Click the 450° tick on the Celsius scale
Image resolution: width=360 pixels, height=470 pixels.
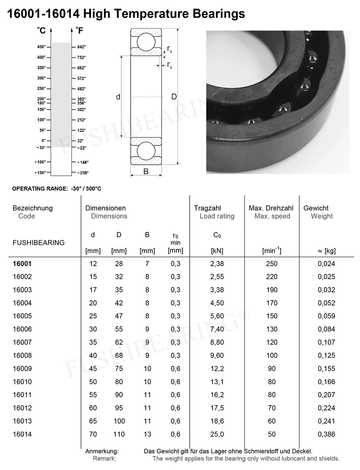coord(49,47)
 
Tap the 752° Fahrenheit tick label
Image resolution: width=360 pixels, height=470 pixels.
coord(82,57)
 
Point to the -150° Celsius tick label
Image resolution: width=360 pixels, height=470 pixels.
coord(40,173)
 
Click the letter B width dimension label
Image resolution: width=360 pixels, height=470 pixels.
coord(146,171)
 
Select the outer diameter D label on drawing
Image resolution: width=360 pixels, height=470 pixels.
coord(174,97)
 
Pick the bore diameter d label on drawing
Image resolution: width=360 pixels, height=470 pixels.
coord(118,97)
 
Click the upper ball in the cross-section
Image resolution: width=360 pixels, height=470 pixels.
coord(146,42)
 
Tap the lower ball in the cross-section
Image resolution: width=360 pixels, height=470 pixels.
coord(146,151)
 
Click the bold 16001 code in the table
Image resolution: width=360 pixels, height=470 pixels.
coord(22,263)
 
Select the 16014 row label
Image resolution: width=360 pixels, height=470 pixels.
coord(22,434)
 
